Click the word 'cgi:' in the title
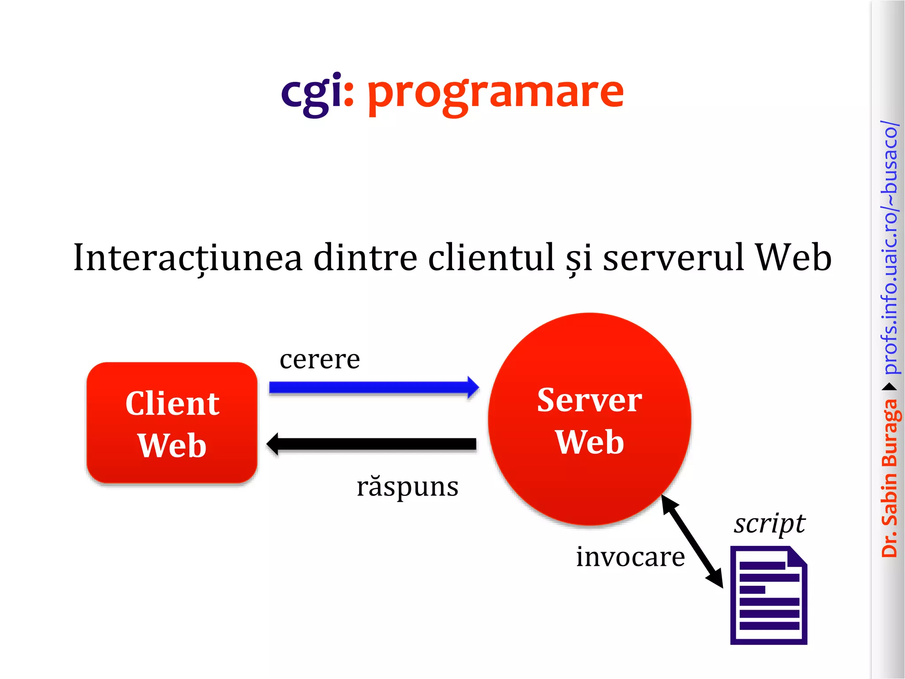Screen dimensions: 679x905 317,93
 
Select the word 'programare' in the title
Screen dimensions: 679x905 495,94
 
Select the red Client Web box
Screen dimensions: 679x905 172,423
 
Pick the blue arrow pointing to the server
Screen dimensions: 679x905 374,388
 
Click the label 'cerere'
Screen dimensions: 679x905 319,359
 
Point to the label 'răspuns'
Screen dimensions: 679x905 407,487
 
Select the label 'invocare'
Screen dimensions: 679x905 630,557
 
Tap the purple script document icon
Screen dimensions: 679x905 768,597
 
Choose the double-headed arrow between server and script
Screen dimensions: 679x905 692,542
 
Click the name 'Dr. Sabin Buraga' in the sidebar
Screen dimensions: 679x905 890,477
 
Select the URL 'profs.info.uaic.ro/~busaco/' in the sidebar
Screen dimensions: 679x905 890,248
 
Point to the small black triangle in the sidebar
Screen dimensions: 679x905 890,387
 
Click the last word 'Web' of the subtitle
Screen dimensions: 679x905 793,258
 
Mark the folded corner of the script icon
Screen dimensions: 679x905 798,555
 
